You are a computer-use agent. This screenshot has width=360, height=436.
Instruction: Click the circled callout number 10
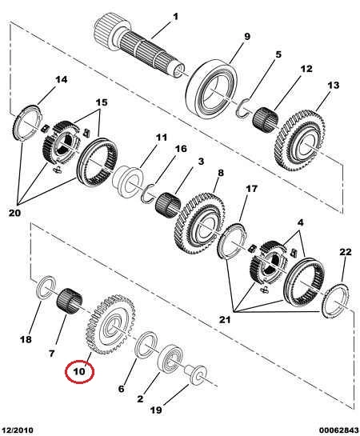pyautogui.click(x=79, y=371)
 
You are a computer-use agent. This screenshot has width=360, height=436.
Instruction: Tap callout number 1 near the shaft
pyautogui.click(x=175, y=17)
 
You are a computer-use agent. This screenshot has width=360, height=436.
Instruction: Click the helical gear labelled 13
pyautogui.click(x=301, y=142)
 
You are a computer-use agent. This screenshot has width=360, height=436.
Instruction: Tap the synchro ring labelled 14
pyautogui.click(x=27, y=123)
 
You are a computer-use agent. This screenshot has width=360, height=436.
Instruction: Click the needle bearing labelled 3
pyautogui.click(x=168, y=203)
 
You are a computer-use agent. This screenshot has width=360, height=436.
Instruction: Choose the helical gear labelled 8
pyautogui.click(x=199, y=222)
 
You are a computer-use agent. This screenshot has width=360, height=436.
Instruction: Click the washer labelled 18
pyautogui.click(x=46, y=287)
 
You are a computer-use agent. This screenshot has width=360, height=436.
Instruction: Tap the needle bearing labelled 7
pyautogui.click(x=70, y=302)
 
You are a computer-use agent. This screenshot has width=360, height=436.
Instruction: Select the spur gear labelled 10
pyautogui.click(x=111, y=325)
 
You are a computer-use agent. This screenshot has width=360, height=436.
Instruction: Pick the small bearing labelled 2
pyautogui.click(x=170, y=358)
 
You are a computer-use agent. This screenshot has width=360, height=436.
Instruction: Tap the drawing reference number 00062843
pyautogui.click(x=338, y=430)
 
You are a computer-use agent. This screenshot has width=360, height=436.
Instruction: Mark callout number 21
pyautogui.click(x=225, y=320)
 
